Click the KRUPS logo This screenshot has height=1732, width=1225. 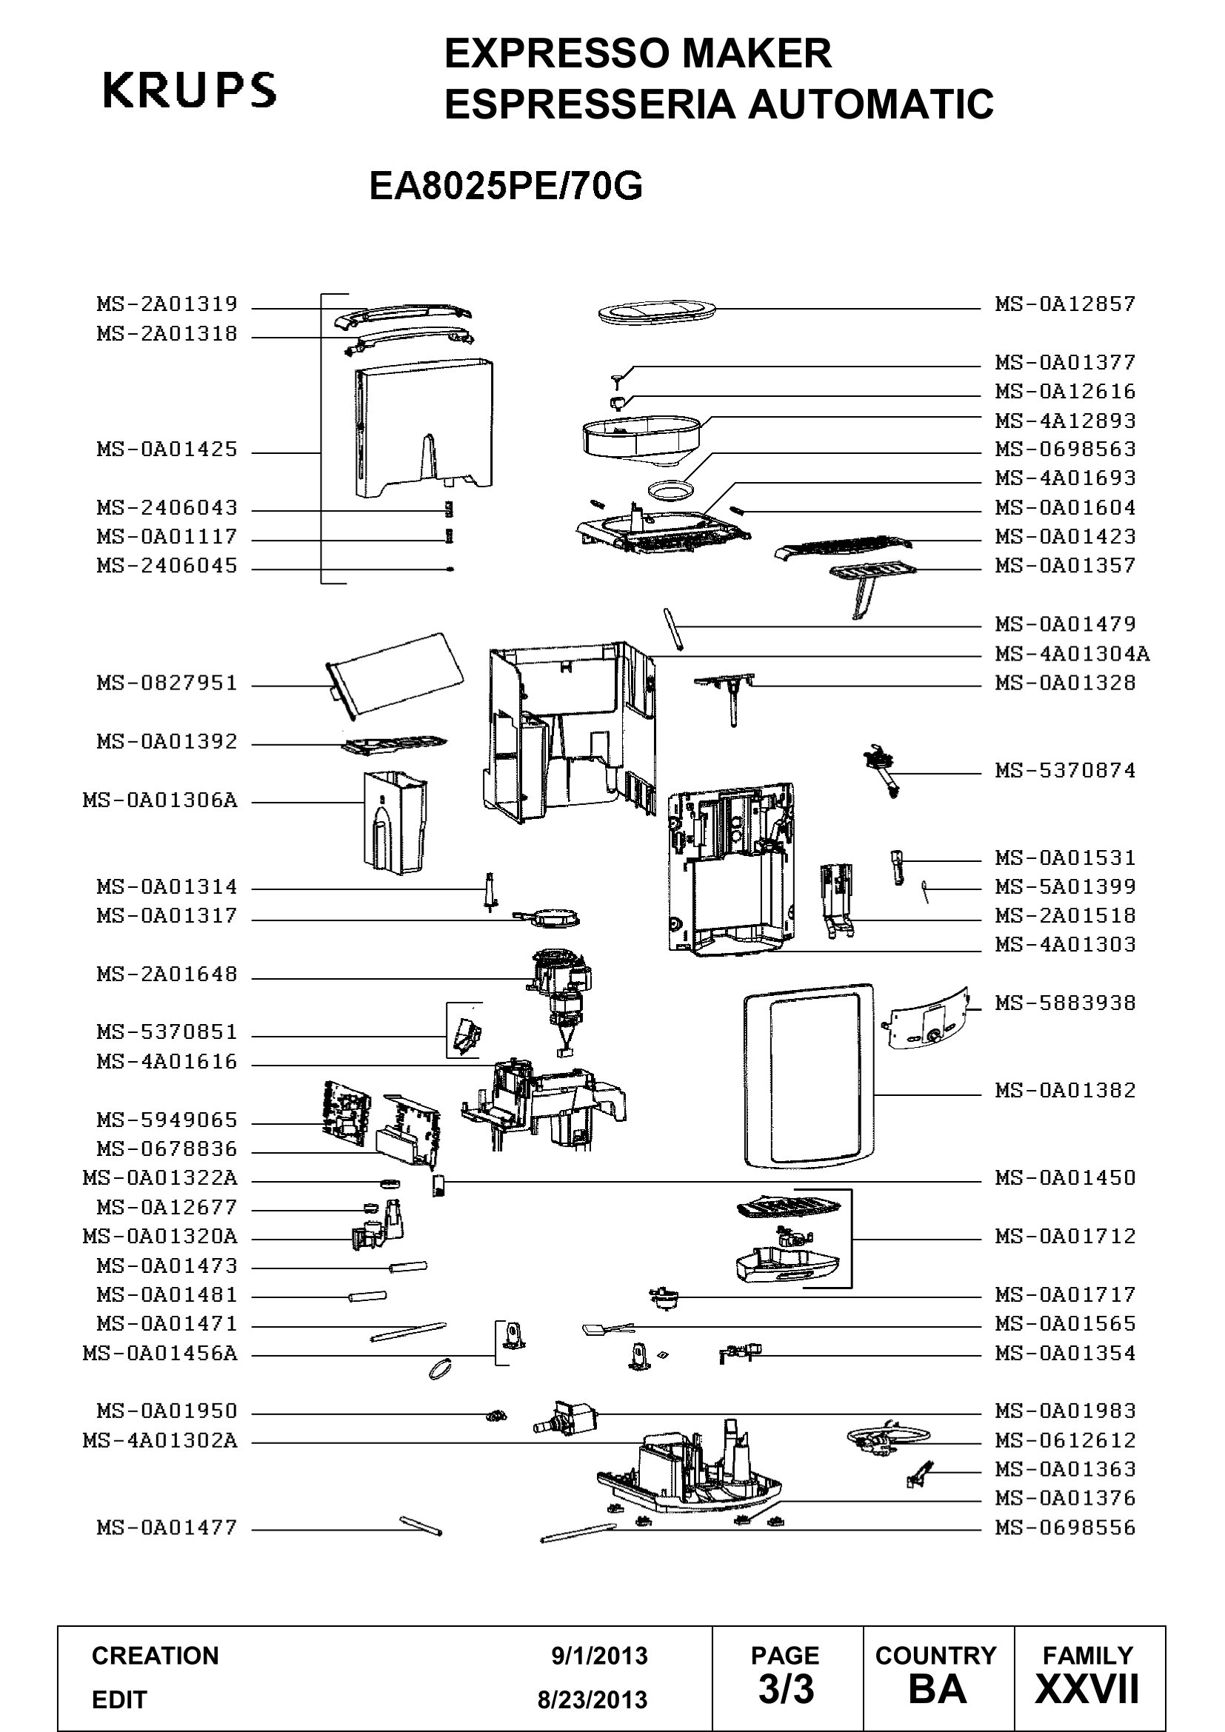click(190, 90)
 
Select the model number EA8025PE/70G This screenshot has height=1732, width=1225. click(505, 187)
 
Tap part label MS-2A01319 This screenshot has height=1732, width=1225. click(167, 304)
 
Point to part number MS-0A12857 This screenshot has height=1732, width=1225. click(1065, 304)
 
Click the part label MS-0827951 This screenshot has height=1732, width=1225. click(167, 683)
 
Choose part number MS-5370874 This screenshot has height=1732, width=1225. click(1065, 771)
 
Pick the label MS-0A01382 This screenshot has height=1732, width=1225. click(1065, 1091)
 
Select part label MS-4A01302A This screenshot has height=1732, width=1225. click(160, 1442)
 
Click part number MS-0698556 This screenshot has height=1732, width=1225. click(1065, 1529)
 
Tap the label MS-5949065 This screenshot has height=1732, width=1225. click(167, 1120)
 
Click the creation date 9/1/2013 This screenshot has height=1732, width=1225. click(600, 1656)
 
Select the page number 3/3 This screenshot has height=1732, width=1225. click(786, 1691)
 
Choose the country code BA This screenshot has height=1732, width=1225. click(938, 1691)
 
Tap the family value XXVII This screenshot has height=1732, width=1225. click(1088, 1691)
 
